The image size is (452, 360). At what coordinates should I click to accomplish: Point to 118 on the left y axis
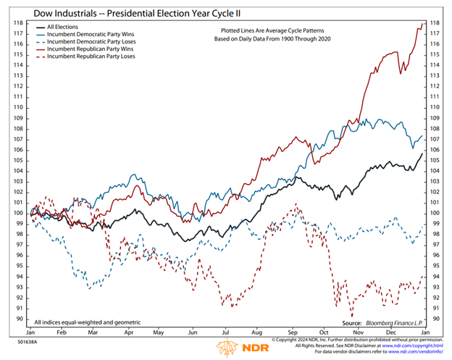point(20,22)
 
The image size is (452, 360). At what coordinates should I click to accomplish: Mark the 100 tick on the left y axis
point(20,213)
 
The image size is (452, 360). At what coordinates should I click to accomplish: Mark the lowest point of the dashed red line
point(352,315)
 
